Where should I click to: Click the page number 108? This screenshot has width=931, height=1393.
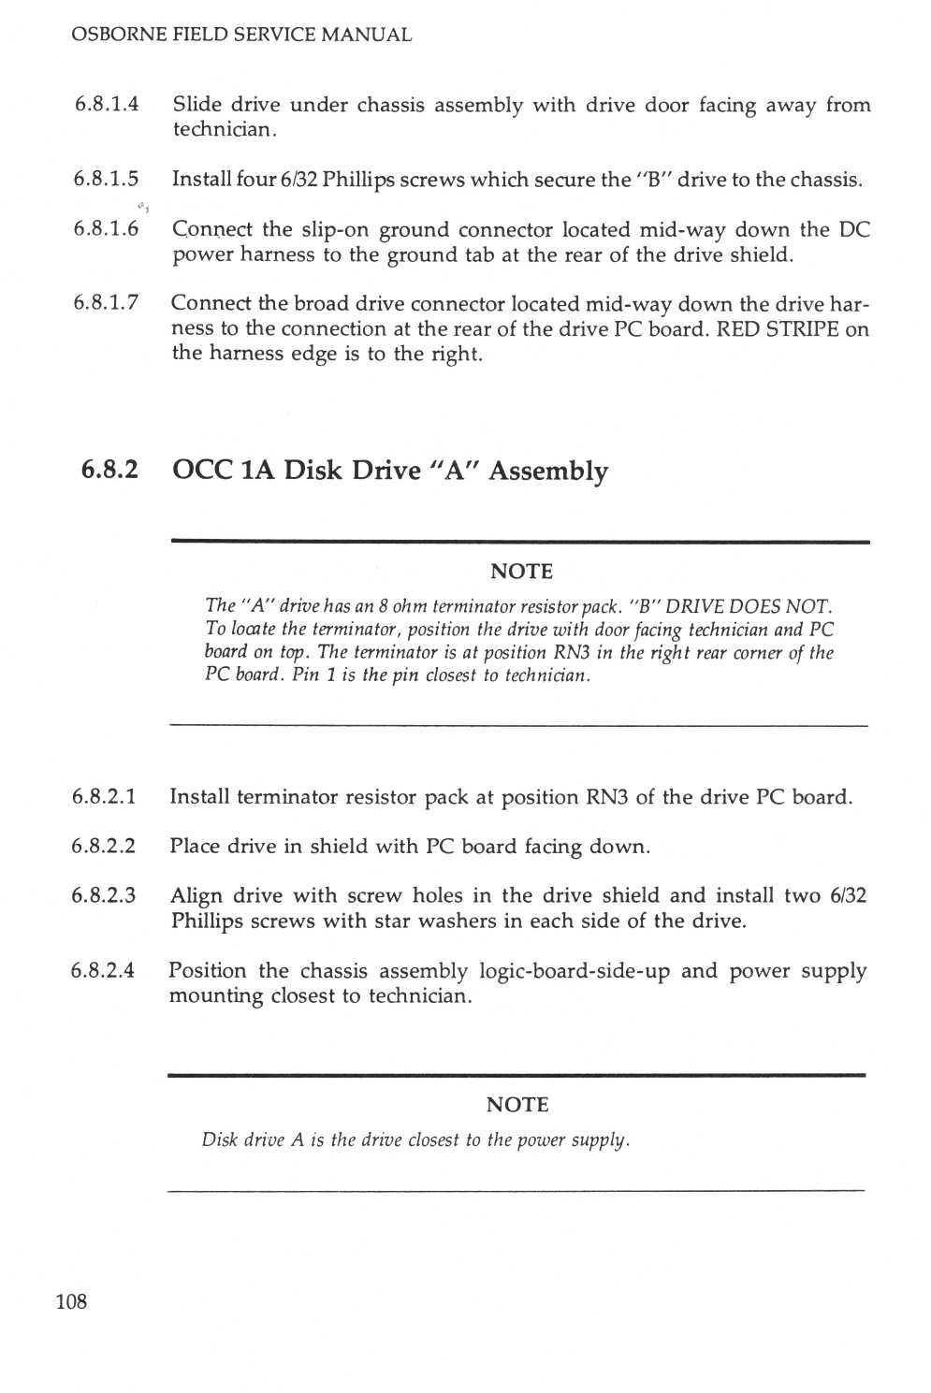(x=72, y=1301)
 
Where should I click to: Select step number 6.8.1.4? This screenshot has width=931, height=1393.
(x=107, y=105)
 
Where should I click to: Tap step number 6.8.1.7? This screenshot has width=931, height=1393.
(x=106, y=303)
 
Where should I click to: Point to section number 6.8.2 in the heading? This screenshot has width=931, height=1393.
(x=109, y=470)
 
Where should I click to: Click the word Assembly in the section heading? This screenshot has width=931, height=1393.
(x=548, y=472)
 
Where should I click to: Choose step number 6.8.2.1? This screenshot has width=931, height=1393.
(x=104, y=796)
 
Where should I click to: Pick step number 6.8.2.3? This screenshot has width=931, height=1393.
(x=103, y=895)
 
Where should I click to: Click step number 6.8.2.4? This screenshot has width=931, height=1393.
(x=103, y=970)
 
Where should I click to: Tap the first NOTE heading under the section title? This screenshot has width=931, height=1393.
(x=521, y=572)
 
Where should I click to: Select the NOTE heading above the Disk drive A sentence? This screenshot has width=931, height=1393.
(x=517, y=1105)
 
